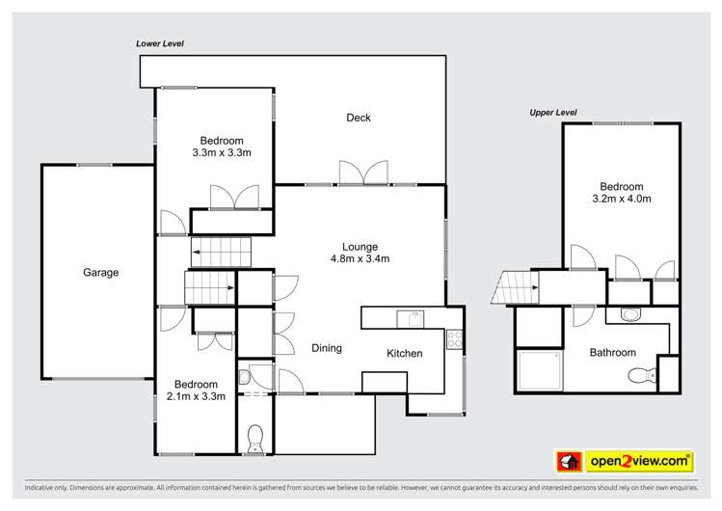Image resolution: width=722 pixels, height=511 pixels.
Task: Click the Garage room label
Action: click(101, 273)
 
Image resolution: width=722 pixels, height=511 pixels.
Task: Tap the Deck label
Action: click(359, 118)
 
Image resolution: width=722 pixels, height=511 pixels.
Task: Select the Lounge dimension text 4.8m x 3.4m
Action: click(361, 258)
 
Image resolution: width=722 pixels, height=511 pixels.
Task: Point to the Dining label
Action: click(327, 348)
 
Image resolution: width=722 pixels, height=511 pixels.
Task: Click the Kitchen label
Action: click(404, 353)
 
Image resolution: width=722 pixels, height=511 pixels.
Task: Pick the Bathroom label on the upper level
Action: click(613, 353)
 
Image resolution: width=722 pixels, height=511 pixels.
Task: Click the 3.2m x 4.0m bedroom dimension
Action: click(622, 199)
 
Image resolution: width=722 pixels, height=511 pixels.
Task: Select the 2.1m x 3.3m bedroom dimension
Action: click(196, 396)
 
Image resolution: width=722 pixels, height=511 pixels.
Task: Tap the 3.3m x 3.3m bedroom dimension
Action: click(222, 153)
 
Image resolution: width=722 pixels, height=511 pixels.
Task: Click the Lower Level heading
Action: click(160, 43)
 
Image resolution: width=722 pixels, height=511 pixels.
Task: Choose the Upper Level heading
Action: click(553, 113)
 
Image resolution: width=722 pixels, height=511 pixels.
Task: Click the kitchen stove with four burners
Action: click(454, 339)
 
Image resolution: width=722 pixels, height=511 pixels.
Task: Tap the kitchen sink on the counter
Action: click(411, 319)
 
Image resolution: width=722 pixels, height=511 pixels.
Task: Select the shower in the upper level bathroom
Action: click(539, 371)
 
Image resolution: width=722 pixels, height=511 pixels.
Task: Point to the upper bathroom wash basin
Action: click(630, 314)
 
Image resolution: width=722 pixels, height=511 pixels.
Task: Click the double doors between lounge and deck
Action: click(363, 173)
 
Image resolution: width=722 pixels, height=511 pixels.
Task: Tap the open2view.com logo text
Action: click(639, 461)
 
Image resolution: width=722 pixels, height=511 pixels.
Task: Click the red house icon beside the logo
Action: click(569, 461)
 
